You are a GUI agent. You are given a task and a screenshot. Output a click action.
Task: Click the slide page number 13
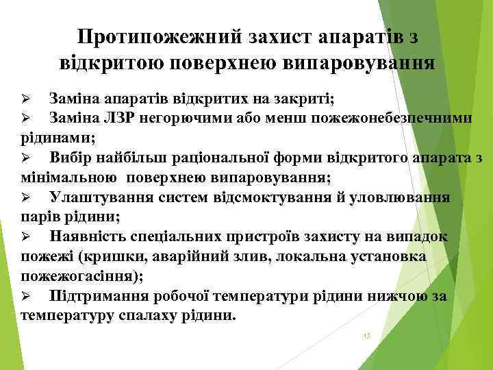tap(367, 336)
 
